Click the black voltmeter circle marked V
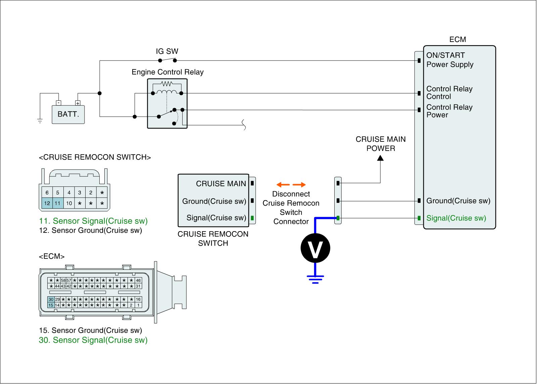(x=315, y=248)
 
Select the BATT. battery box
(x=68, y=114)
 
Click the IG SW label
(x=167, y=51)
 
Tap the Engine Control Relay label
(x=167, y=72)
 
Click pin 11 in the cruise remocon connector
(x=58, y=203)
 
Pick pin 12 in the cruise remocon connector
(x=47, y=203)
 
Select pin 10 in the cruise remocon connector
(x=69, y=203)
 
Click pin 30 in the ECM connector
(x=51, y=299)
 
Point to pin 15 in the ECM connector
(x=51, y=305)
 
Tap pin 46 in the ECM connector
(x=138, y=280)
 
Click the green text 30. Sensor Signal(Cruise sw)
(x=93, y=340)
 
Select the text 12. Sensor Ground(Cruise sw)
(x=90, y=230)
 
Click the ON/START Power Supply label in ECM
(x=450, y=60)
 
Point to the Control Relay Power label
(x=449, y=111)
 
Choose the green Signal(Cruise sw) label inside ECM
(x=456, y=218)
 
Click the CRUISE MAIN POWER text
(x=381, y=144)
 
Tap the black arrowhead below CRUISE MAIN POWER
(x=380, y=158)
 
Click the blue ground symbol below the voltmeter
(x=315, y=279)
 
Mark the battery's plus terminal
(x=78, y=103)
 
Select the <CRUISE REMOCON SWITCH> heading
(x=95, y=157)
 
